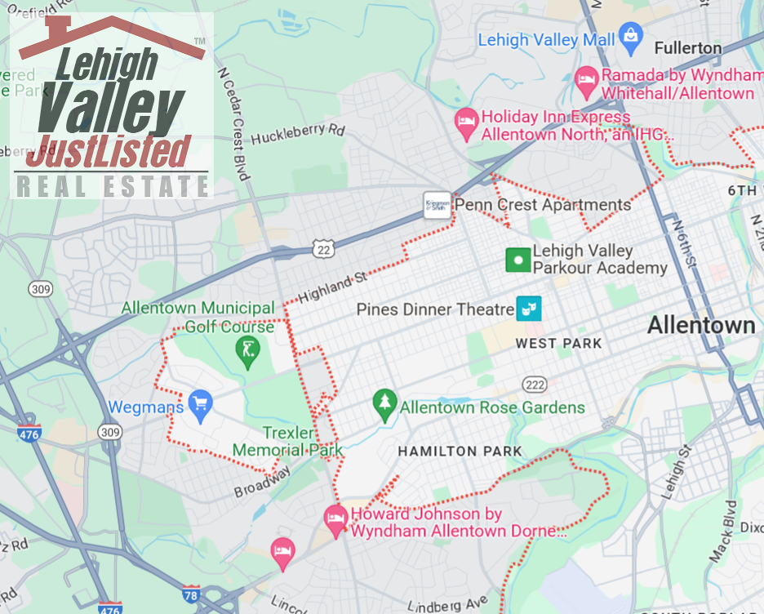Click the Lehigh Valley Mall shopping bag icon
pos(630,36)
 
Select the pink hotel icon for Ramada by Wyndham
pos(586,80)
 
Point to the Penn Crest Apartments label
pos(542,204)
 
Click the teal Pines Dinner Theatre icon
pos(528,309)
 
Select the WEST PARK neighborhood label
pos(558,344)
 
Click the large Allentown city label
pos(701,326)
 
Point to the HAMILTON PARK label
pos(460,452)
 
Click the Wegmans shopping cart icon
pos(200,402)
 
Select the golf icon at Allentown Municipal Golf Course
pos(244,350)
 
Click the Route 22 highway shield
pos(324,250)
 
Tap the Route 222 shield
pos(535,385)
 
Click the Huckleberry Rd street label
pos(298,133)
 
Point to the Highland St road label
pos(333,287)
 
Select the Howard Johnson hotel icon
pos(335,516)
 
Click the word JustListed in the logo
pos(115,151)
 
